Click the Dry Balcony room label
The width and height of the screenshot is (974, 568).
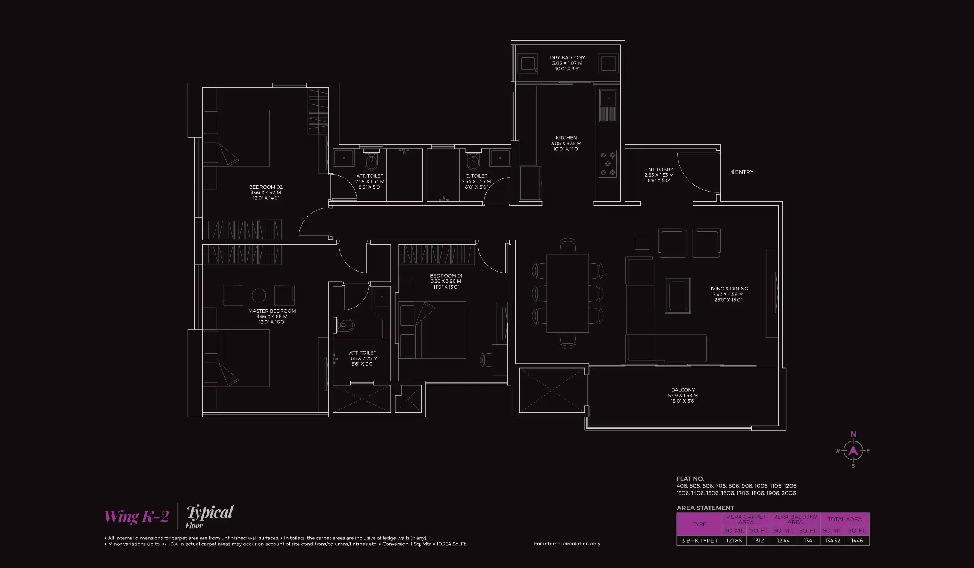567,58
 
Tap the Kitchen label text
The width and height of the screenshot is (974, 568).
566,138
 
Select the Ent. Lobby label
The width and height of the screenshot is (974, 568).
659,170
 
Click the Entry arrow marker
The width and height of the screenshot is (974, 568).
732,172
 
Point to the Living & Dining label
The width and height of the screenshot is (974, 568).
728,289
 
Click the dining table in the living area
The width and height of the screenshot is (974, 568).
567,293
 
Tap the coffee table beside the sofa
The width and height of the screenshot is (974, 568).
678,296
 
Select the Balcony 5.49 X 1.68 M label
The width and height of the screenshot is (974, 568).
683,395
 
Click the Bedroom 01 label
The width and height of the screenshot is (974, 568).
446,276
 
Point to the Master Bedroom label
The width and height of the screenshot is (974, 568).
272,311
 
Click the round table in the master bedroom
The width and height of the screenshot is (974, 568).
259,296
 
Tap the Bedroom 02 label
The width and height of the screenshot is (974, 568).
266,187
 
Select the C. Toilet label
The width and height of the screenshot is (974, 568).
476,176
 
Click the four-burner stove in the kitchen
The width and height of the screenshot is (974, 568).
607,164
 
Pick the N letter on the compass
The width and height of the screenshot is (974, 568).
853,434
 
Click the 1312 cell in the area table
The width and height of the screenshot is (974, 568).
758,541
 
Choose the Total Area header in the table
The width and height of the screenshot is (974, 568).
844,519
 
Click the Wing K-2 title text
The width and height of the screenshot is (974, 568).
136,516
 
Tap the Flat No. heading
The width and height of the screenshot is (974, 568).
690,479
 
